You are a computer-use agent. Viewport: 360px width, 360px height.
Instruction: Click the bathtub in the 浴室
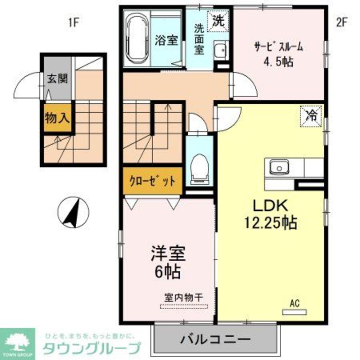point(137,38)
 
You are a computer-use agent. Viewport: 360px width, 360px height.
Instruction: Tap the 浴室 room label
point(166,40)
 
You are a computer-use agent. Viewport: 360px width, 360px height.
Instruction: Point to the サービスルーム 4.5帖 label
point(278,54)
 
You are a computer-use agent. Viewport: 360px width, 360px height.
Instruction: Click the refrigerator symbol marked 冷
point(312,116)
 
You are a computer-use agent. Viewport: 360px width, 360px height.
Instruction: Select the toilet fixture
point(199,166)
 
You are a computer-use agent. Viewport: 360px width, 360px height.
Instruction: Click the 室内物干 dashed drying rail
point(184,306)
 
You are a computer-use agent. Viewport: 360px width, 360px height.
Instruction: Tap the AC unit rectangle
point(294,311)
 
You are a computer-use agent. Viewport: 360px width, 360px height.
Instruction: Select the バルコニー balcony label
point(216,339)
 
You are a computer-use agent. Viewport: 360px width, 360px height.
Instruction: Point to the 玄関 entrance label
point(58,79)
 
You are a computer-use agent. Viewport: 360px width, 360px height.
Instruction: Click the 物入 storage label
point(58,118)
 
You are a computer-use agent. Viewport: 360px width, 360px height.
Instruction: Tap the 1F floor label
point(73,22)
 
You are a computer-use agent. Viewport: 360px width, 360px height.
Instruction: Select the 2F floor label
point(341,22)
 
